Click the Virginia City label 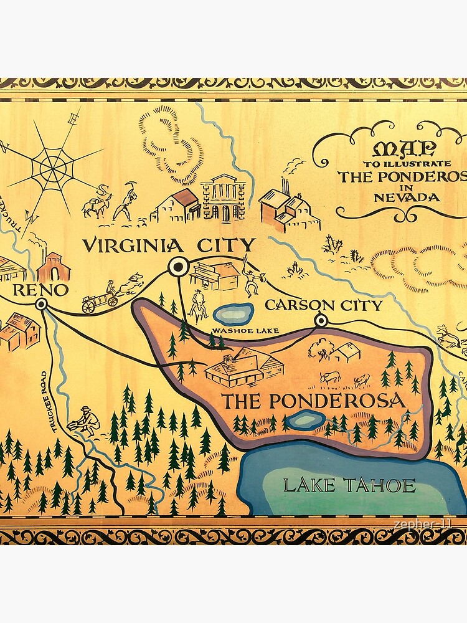169,245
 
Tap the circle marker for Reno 42,304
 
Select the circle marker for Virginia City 178,267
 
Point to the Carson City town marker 321,321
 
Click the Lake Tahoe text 349,486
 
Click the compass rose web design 55,167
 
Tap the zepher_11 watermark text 422,526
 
